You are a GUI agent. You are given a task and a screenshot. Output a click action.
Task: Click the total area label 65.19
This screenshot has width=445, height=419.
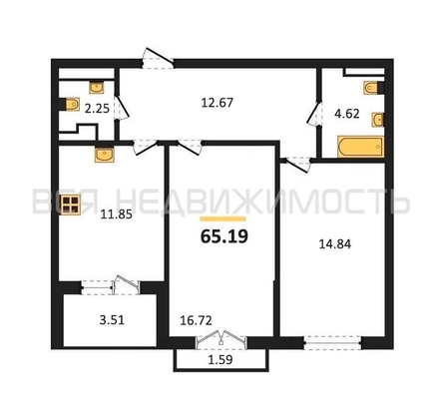[224, 236]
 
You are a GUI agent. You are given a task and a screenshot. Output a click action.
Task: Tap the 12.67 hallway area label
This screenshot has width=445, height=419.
[218, 103]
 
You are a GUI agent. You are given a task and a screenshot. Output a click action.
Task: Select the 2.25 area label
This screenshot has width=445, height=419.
[97, 109]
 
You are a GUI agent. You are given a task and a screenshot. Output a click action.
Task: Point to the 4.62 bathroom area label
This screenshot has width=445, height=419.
[347, 114]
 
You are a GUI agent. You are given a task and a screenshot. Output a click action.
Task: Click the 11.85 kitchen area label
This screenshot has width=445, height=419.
[117, 214]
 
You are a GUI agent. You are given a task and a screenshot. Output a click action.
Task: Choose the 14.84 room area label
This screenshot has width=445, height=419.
[335, 244]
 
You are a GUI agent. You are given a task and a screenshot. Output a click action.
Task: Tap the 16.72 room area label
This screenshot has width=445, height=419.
[196, 320]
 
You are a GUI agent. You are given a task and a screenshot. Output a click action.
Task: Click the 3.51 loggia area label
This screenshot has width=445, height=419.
[112, 320]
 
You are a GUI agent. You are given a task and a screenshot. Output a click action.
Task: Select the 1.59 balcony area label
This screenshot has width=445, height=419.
[220, 360]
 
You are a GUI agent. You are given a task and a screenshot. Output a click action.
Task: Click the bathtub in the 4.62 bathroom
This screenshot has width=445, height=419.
[361, 147]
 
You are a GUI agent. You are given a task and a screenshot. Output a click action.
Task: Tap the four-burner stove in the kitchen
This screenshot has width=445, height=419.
[71, 205]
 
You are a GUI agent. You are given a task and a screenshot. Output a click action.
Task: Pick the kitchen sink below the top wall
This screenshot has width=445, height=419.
[105, 155]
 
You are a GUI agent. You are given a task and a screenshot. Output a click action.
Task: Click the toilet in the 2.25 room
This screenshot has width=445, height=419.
[71, 104]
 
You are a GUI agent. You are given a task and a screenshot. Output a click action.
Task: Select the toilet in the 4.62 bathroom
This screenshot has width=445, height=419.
[373, 88]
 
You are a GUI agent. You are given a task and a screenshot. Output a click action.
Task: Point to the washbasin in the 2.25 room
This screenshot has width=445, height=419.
[97, 88]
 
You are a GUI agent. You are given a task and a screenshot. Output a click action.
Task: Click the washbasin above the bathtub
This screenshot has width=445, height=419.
[378, 120]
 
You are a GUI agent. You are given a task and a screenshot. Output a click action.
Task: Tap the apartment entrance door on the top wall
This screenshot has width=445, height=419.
[158, 59]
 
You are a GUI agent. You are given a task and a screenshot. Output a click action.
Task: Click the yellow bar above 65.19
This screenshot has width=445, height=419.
[223, 218]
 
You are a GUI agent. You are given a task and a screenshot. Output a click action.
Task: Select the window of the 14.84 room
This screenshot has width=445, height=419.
[332, 342]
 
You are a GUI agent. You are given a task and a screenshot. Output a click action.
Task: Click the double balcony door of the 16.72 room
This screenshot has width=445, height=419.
[222, 340]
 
